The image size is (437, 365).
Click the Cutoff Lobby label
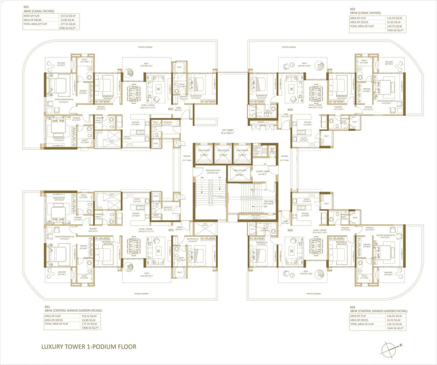(x=263, y=172)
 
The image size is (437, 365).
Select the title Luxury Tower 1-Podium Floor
(x=89, y=347)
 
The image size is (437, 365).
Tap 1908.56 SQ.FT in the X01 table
(x=90, y=328)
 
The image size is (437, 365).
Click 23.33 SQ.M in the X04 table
(x=395, y=320)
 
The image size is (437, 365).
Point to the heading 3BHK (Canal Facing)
(x=365, y=13)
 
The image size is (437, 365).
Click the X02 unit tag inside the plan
(x=170, y=109)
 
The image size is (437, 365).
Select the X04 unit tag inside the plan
(x=290, y=230)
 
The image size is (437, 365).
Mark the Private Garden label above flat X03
(x=289, y=47)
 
